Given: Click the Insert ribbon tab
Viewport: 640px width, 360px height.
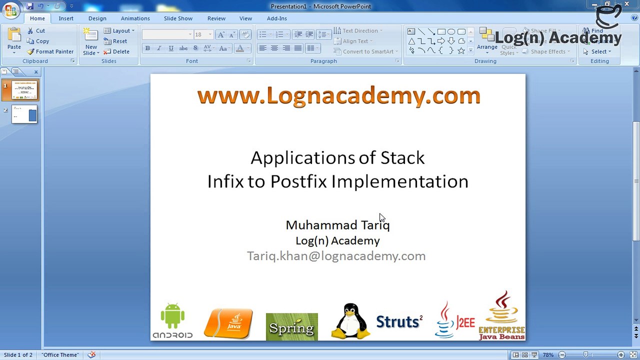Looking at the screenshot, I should [x=66, y=18].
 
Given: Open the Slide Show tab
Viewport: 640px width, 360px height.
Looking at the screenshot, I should [x=178, y=18].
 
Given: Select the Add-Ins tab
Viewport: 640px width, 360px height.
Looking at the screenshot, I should [x=276, y=18].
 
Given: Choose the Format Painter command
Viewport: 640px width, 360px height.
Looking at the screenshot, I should [x=50, y=51].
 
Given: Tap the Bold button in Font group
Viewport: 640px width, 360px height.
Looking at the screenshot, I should [x=147, y=48].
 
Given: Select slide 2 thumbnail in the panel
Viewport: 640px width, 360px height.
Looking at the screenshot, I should [x=24, y=114].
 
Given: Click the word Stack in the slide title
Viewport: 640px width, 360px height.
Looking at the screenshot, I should [x=402, y=158].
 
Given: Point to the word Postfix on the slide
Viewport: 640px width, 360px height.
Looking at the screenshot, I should [x=298, y=181].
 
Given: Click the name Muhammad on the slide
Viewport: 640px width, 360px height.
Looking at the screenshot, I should [x=321, y=225].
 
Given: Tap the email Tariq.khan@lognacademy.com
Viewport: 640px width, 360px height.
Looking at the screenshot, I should [x=336, y=256].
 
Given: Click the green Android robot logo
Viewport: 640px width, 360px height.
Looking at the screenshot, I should [x=172, y=320].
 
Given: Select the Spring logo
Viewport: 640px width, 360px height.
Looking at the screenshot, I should [x=291, y=327].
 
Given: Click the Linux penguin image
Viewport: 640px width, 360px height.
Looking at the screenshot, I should [x=351, y=321].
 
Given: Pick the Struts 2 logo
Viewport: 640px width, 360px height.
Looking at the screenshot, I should [x=399, y=321].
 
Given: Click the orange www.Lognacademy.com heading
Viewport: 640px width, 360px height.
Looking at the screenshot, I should [x=338, y=95].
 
